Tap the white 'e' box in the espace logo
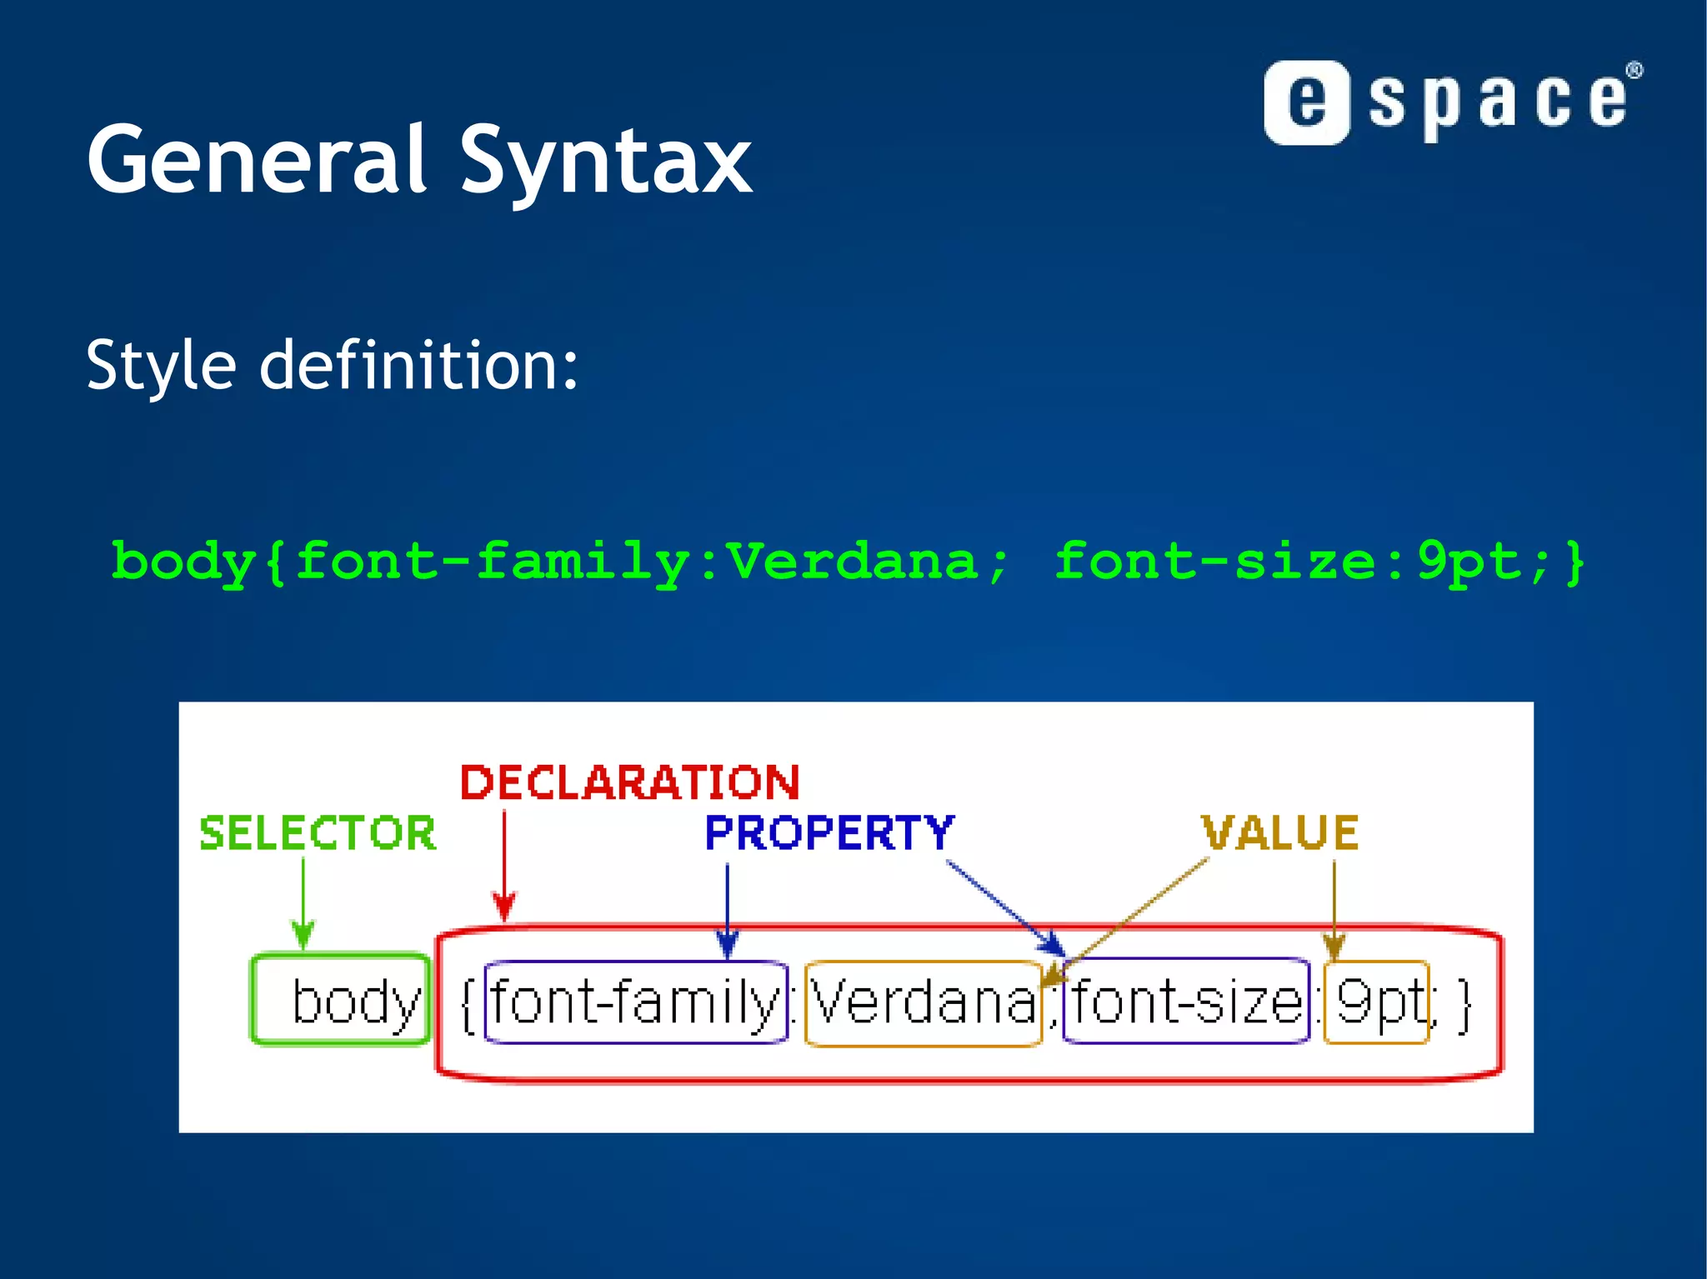(x=1306, y=102)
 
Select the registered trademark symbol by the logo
(x=1634, y=71)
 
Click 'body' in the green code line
(x=183, y=562)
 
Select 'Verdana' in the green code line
(x=851, y=560)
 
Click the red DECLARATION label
(x=629, y=782)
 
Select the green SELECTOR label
(x=317, y=833)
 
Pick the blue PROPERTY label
(x=828, y=832)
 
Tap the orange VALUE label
(x=1279, y=832)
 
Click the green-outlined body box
(x=341, y=1000)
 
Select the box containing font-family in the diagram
(x=635, y=1002)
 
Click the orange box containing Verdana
(x=923, y=1002)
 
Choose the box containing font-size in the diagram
(x=1186, y=1002)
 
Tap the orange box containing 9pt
(x=1376, y=1002)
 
